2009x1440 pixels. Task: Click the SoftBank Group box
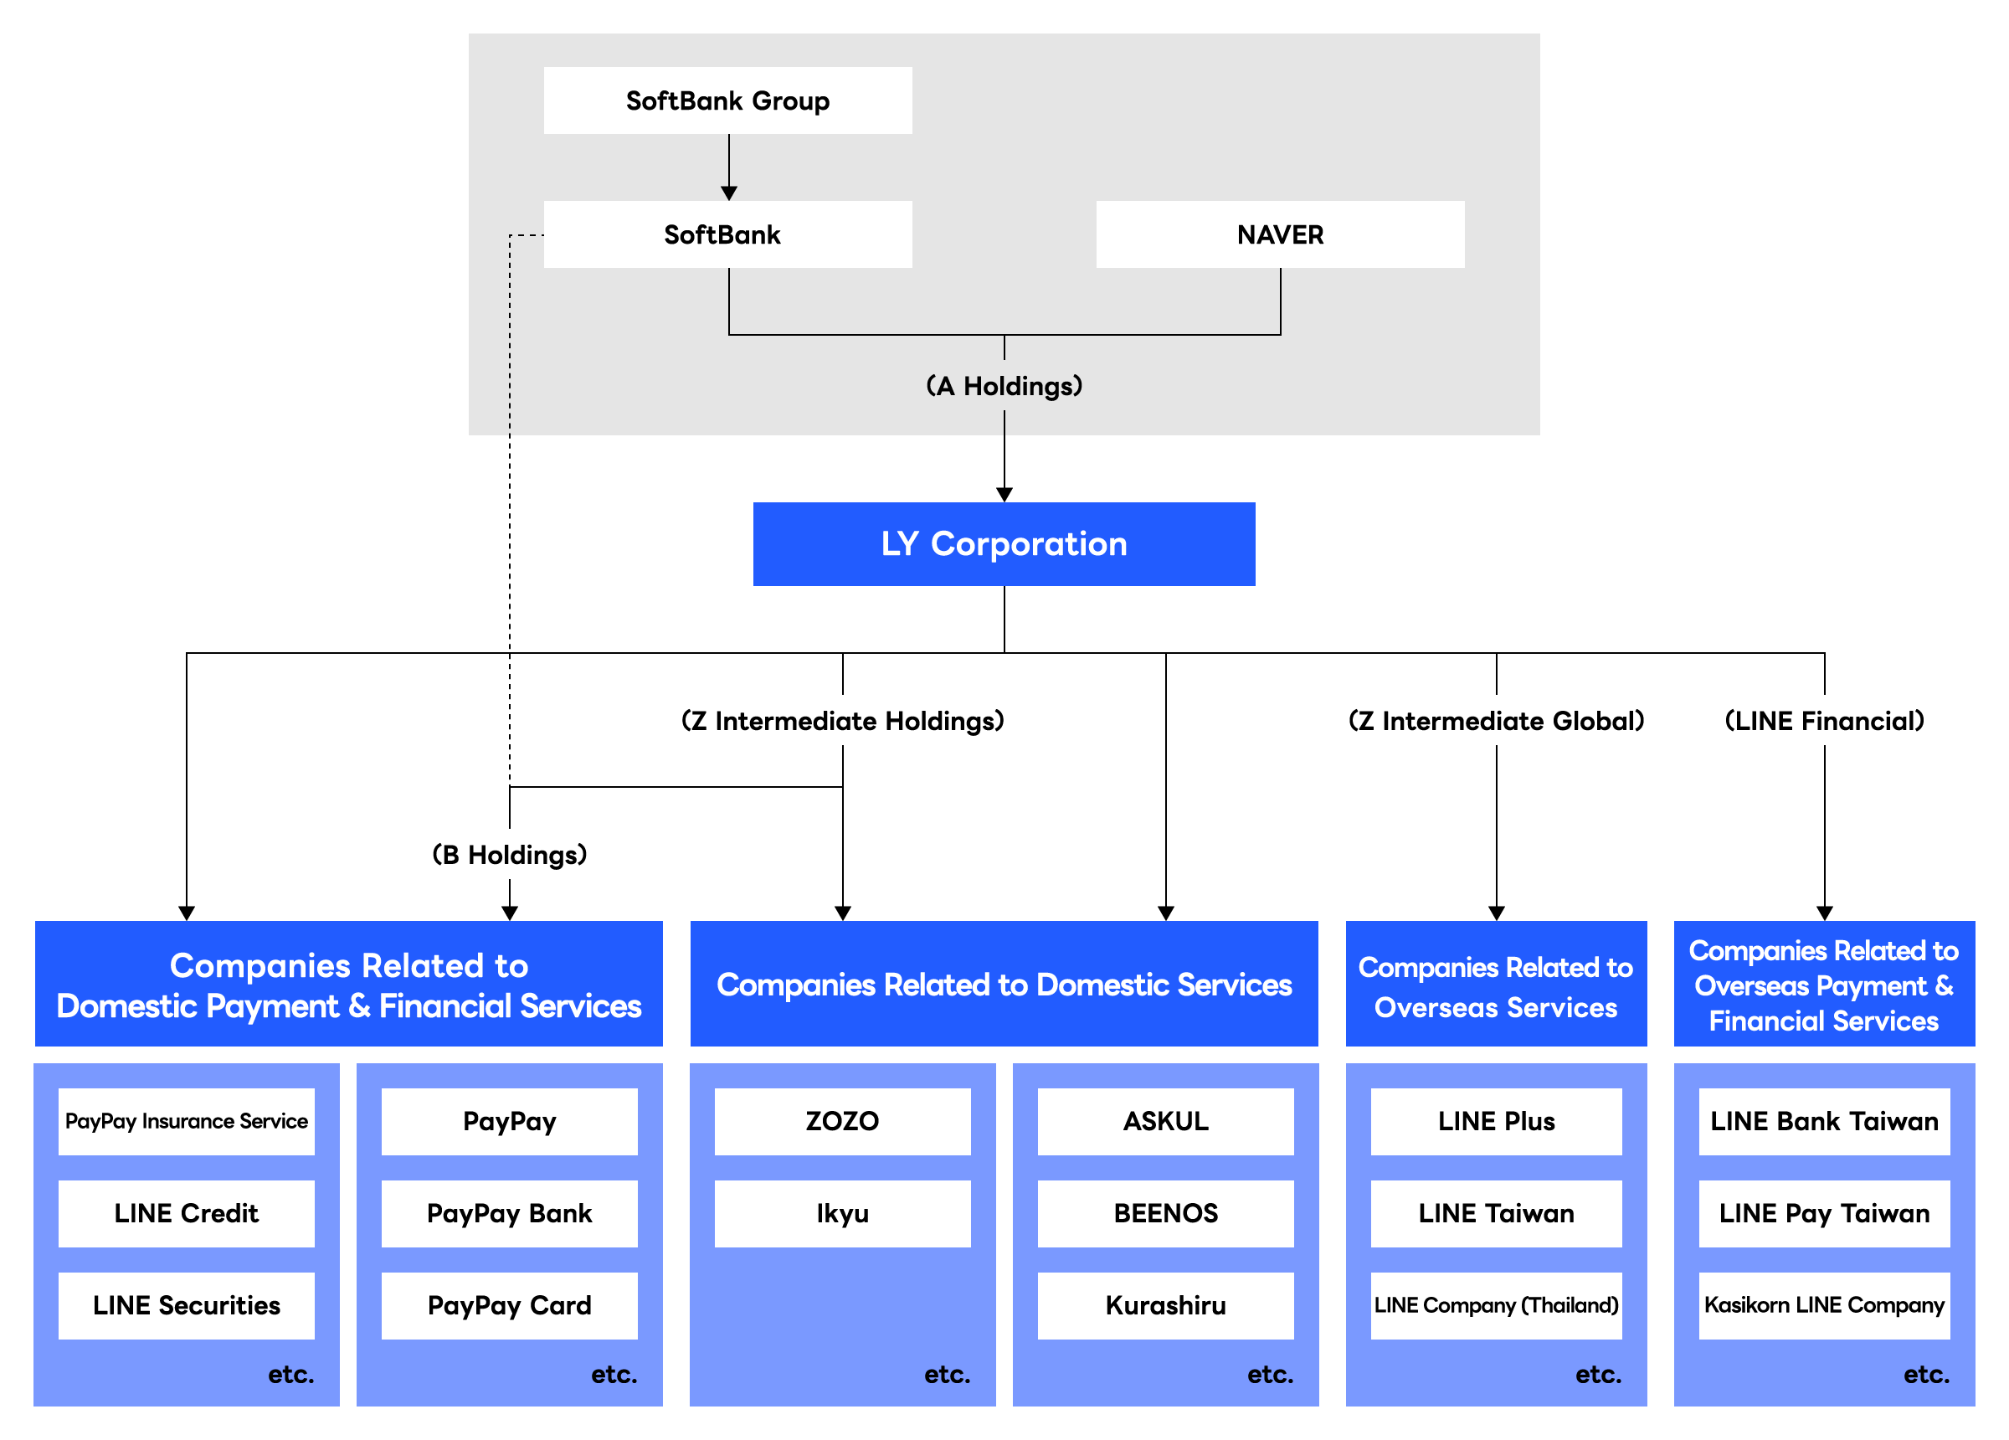tap(727, 101)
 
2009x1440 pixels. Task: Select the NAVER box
tap(1279, 234)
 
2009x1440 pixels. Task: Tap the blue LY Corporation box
tap(1004, 543)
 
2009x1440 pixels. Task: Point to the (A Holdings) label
tap(1004, 385)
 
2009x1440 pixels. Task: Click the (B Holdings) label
tap(509, 854)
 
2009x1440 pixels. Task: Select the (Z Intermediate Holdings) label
tap(842, 721)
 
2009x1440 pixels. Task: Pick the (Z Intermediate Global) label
tap(1495, 721)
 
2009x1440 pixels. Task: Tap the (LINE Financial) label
tap(1824, 721)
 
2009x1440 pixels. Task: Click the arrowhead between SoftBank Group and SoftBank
tap(729, 193)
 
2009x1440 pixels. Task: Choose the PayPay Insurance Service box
tap(186, 1121)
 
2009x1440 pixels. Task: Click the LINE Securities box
tap(186, 1305)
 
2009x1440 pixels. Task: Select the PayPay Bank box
tap(509, 1213)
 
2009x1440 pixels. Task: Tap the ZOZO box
tap(842, 1121)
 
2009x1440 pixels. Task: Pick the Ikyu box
tap(842, 1213)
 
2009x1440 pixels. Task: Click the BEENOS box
tap(1166, 1213)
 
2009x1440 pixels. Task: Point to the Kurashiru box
tap(1166, 1305)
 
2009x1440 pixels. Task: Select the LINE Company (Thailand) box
tap(1496, 1305)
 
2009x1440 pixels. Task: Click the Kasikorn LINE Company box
tap(1824, 1305)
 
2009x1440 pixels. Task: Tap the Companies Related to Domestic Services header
tap(1004, 984)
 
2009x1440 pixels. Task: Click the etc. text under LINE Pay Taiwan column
tap(1926, 1375)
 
